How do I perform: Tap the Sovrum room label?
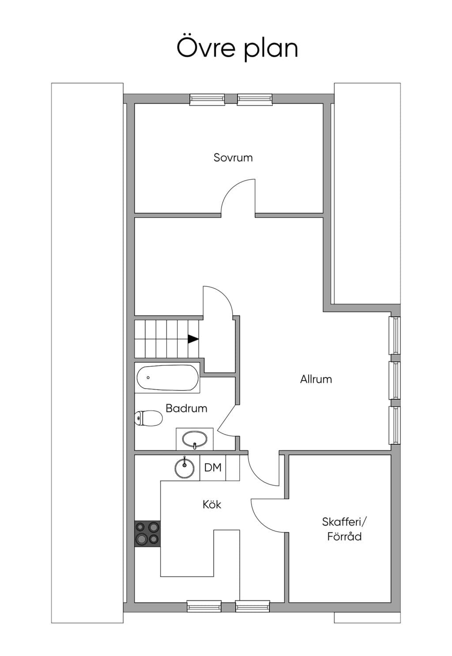coord(233,157)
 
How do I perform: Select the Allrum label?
coord(316,379)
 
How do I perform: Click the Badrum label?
coord(186,408)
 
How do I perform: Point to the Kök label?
coord(212,504)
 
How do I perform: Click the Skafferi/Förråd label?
coord(344,529)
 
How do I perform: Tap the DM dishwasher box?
coord(213,468)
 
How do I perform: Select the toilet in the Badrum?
coord(148,418)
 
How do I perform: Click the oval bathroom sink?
coord(195,439)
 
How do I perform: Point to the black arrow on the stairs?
coord(193,339)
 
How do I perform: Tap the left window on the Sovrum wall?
coord(207,100)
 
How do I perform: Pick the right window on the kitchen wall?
coord(252,606)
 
